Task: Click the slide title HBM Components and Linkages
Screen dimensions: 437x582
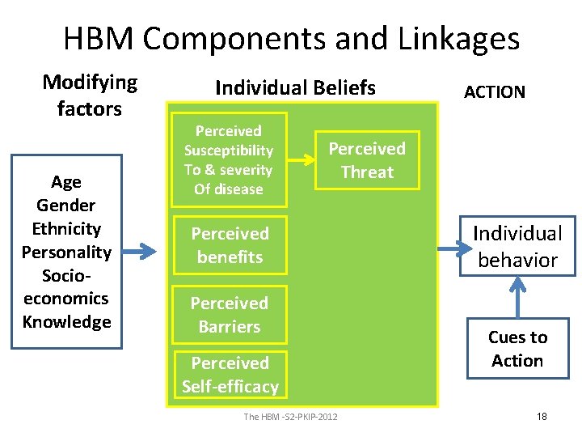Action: pyautogui.click(x=291, y=38)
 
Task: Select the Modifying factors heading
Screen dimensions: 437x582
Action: pyautogui.click(x=90, y=95)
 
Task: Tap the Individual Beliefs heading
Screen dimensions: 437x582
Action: pyautogui.click(x=295, y=87)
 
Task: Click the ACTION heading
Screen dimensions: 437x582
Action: pyautogui.click(x=494, y=91)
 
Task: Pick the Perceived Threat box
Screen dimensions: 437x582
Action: pyautogui.click(x=367, y=160)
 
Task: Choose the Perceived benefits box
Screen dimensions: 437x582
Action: pyautogui.click(x=230, y=245)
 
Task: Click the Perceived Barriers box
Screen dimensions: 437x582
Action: pyautogui.click(x=230, y=315)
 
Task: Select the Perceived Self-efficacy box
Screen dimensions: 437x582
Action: pyautogui.click(x=230, y=375)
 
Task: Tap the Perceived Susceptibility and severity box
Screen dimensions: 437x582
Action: pyautogui.click(x=229, y=159)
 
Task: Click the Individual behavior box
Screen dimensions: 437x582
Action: pyautogui.click(x=517, y=246)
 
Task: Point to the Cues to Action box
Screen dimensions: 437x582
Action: pyautogui.click(x=517, y=349)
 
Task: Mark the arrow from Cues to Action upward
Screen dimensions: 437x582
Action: pyautogui.click(x=517, y=296)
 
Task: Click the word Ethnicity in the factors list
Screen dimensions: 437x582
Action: pyautogui.click(x=66, y=228)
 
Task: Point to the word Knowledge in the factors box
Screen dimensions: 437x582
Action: pyautogui.click(x=66, y=322)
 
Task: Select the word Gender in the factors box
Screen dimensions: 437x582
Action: pyautogui.click(x=66, y=206)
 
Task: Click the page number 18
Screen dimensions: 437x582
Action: pyautogui.click(x=542, y=416)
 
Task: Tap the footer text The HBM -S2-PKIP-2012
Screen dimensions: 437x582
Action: pyautogui.click(x=291, y=416)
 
